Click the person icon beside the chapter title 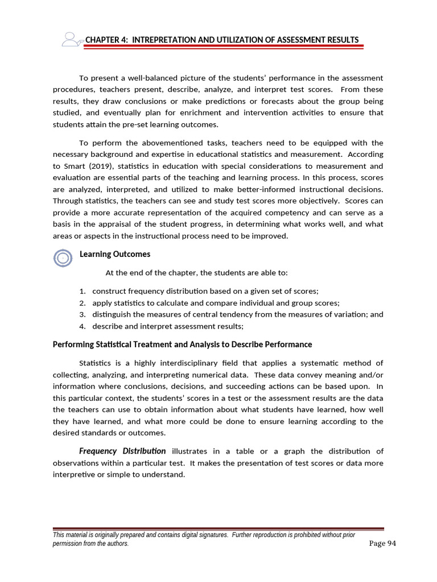pos(71,39)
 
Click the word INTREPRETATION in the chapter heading pos(160,40)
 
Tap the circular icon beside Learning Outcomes pos(63,259)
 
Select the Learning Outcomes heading pos(115,254)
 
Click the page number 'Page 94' pos(382,543)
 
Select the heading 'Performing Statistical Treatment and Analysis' pos(182,344)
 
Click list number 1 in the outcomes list pos(83,291)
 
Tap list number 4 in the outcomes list pos(83,326)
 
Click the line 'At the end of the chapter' pos(197,272)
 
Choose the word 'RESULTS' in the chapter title pos(341,40)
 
